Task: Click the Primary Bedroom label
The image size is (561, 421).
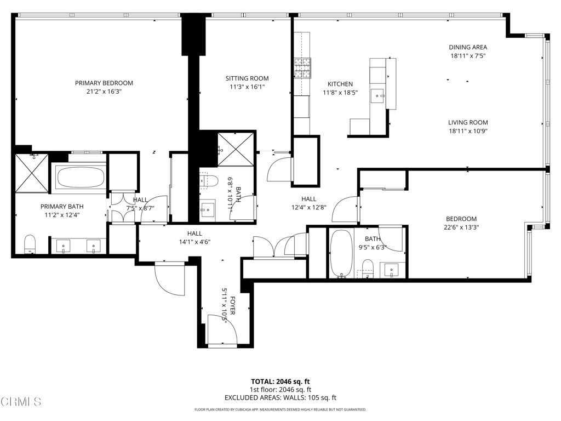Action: click(104, 83)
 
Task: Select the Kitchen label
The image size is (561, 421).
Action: click(340, 84)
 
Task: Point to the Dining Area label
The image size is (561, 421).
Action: click(468, 47)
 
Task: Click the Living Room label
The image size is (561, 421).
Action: click(468, 123)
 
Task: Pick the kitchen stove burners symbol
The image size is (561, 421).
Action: click(302, 69)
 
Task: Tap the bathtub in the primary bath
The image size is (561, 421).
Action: click(80, 178)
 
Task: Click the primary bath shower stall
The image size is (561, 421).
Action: click(32, 173)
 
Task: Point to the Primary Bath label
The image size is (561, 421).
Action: click(62, 207)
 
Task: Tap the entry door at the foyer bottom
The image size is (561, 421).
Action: click(222, 332)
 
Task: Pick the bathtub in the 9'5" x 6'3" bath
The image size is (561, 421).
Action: click(341, 254)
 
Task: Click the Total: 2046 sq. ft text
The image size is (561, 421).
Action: click(280, 382)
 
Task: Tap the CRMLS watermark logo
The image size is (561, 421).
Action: click(21, 402)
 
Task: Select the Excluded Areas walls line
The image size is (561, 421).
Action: click(280, 398)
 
